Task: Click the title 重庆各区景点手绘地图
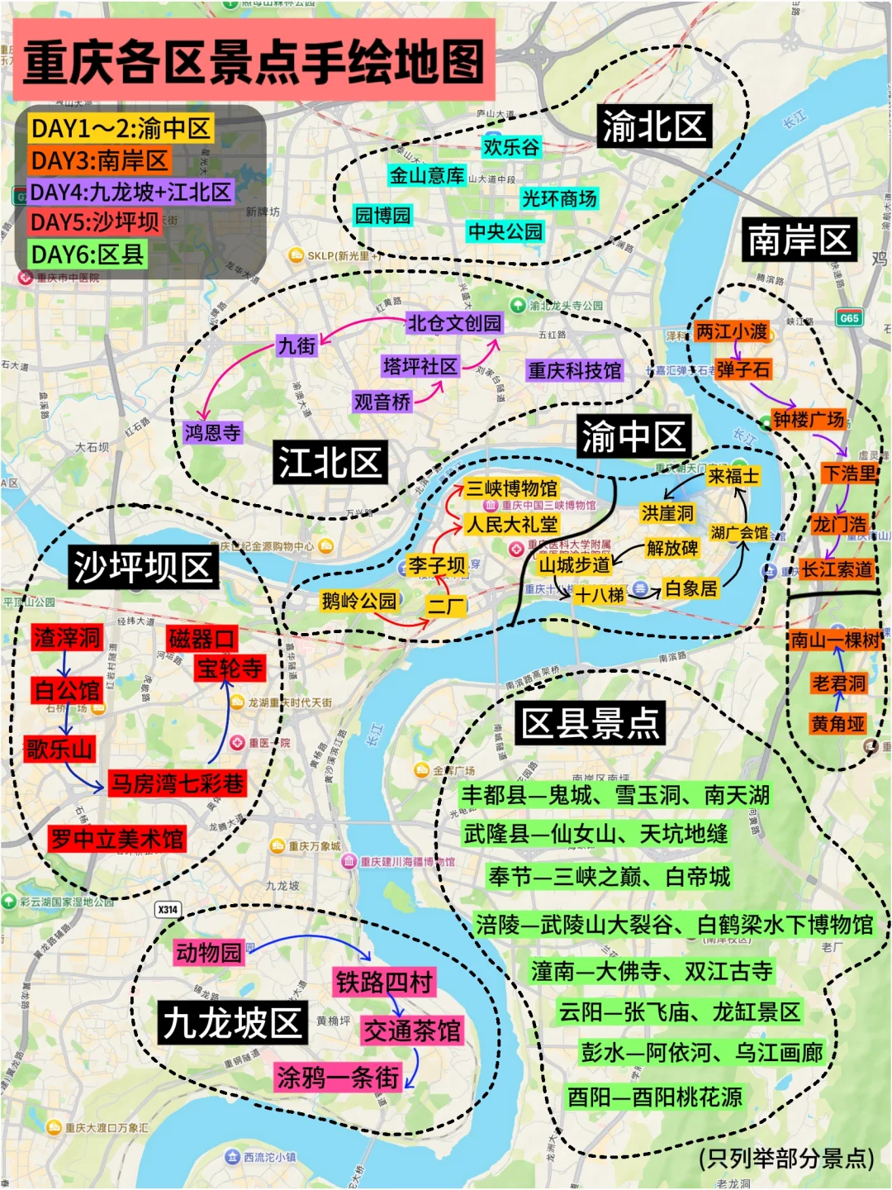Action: pyautogui.click(x=254, y=62)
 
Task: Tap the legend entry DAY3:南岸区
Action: pyautogui.click(x=99, y=160)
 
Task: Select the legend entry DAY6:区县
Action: pyautogui.click(x=88, y=254)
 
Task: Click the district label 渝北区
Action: pyautogui.click(x=654, y=126)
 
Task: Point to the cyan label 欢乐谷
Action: pyautogui.click(x=511, y=147)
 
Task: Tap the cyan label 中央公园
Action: pyautogui.click(x=505, y=231)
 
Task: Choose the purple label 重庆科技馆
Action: pyautogui.click(x=575, y=370)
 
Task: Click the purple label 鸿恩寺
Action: pyautogui.click(x=213, y=431)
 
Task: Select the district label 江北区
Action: pyautogui.click(x=330, y=461)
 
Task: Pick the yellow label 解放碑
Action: pyautogui.click(x=672, y=548)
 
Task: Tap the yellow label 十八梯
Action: pyautogui.click(x=600, y=594)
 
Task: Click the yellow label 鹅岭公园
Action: pyautogui.click(x=359, y=601)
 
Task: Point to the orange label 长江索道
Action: pyautogui.click(x=836, y=569)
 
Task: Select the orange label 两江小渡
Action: pyautogui.click(x=732, y=331)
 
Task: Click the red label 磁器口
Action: pyautogui.click(x=202, y=638)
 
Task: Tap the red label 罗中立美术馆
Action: pyautogui.click(x=117, y=839)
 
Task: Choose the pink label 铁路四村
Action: pyautogui.click(x=384, y=982)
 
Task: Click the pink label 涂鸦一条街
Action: pyautogui.click(x=338, y=1077)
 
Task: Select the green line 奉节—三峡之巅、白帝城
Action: pyautogui.click(x=609, y=876)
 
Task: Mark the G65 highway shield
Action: pyautogui.click(x=849, y=318)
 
